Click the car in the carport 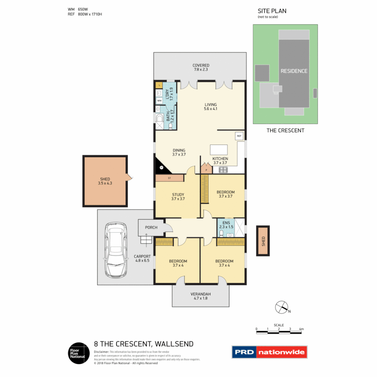pyautogui.click(x=115, y=249)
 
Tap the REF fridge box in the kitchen pyautogui.click(x=239, y=136)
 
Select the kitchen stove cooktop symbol pyautogui.click(x=223, y=170)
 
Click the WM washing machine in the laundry pyautogui.click(x=159, y=101)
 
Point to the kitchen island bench pyautogui.click(x=219, y=150)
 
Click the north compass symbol pyautogui.click(x=281, y=307)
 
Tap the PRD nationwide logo pyautogui.click(x=269, y=352)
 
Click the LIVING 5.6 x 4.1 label pyautogui.click(x=210, y=106)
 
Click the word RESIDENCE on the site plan pyautogui.click(x=294, y=71)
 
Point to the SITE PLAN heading pyautogui.click(x=272, y=11)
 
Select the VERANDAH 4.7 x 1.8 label pyautogui.click(x=200, y=296)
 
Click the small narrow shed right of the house pyautogui.click(x=263, y=241)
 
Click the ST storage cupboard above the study pyautogui.click(x=169, y=178)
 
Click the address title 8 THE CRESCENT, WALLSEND pyautogui.click(x=143, y=344)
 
